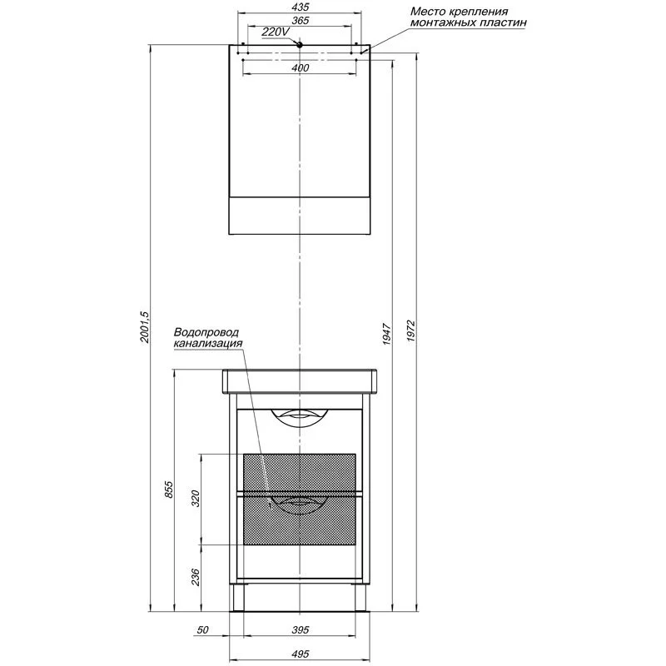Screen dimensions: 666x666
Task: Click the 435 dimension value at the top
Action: [301, 7]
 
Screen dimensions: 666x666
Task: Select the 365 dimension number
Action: [301, 20]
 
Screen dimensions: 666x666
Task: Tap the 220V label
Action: [276, 32]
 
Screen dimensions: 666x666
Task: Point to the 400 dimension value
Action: [301, 68]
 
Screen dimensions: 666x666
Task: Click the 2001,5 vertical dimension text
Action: [145, 327]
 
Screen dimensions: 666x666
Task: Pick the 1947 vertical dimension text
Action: [386, 334]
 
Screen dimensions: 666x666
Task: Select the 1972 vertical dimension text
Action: [410, 331]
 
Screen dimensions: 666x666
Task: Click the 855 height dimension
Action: [169, 490]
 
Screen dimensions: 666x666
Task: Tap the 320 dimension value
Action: [195, 499]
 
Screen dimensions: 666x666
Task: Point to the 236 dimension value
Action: [195, 577]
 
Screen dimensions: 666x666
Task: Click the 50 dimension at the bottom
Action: [203, 629]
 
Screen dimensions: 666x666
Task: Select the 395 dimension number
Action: [301, 629]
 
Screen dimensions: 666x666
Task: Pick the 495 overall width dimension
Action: [301, 654]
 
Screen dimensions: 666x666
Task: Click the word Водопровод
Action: [206, 332]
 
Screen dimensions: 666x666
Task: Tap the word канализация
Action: [208, 343]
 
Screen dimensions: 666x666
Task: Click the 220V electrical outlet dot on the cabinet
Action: [300, 45]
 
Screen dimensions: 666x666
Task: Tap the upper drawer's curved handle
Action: [300, 415]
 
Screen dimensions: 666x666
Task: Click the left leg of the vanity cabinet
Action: [238, 598]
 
